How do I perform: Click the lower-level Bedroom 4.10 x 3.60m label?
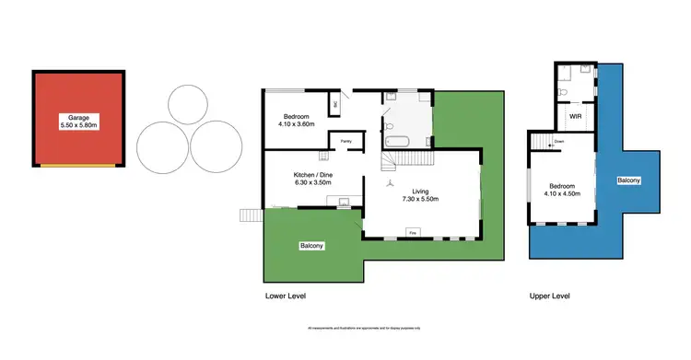click(297, 120)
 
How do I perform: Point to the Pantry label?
click(345, 141)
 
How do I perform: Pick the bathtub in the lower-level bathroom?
click(399, 142)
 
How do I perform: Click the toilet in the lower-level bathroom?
click(391, 125)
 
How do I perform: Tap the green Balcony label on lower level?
click(310, 246)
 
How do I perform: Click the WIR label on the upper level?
click(575, 117)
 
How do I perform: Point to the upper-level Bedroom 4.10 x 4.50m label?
click(561, 188)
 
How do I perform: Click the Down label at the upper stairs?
click(559, 142)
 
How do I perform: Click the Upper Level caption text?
click(549, 296)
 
